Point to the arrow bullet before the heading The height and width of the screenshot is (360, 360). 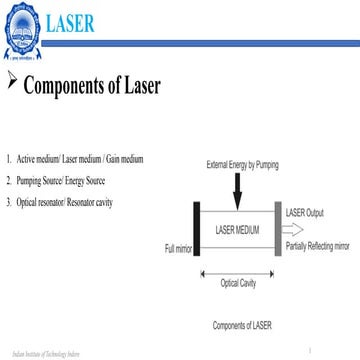pyautogui.click(x=11, y=80)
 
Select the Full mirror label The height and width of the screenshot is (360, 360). pyautogui.click(x=177, y=247)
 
